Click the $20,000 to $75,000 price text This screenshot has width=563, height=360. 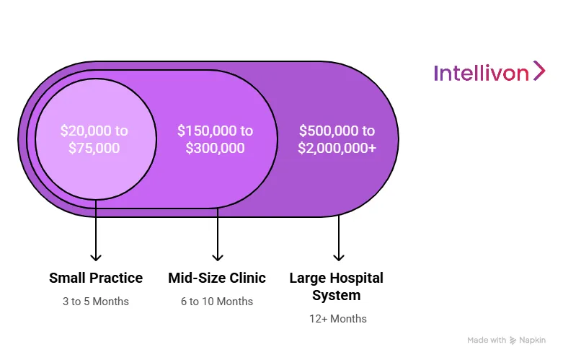click(x=94, y=139)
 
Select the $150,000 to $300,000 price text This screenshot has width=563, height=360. click(x=216, y=139)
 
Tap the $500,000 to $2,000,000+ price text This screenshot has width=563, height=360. click(x=337, y=139)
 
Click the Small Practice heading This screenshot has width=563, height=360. click(x=96, y=278)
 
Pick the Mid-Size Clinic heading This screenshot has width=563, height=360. click(x=217, y=278)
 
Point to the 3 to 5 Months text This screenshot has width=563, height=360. click(x=96, y=301)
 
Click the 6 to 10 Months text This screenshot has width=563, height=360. click(x=217, y=301)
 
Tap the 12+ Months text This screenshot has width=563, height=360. click(x=338, y=318)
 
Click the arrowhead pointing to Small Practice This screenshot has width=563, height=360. click(x=96, y=256)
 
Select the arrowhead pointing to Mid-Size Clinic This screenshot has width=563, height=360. click(x=217, y=256)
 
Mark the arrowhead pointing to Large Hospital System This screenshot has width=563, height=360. click(x=338, y=256)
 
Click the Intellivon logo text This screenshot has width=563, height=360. click(x=481, y=73)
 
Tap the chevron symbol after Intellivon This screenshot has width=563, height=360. click(x=538, y=71)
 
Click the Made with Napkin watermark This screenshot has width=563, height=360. click(x=506, y=340)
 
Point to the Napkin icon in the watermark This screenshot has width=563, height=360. click(x=513, y=340)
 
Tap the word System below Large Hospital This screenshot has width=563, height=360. click(x=336, y=295)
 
